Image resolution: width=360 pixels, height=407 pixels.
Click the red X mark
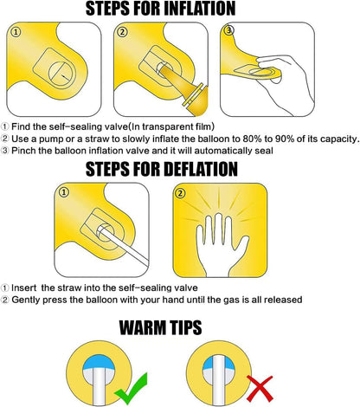[260, 389]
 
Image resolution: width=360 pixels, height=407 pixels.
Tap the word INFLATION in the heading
[197, 9]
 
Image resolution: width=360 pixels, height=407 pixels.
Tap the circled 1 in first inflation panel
[16, 32]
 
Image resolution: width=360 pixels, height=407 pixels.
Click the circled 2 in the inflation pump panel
[122, 32]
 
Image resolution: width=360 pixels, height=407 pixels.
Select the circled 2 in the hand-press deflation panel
[180, 193]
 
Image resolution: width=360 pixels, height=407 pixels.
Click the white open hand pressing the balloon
[220, 245]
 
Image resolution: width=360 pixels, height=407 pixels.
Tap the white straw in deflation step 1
[124, 245]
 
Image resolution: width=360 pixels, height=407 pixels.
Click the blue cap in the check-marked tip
[99, 363]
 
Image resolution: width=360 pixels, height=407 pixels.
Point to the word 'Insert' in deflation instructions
[24, 287]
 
